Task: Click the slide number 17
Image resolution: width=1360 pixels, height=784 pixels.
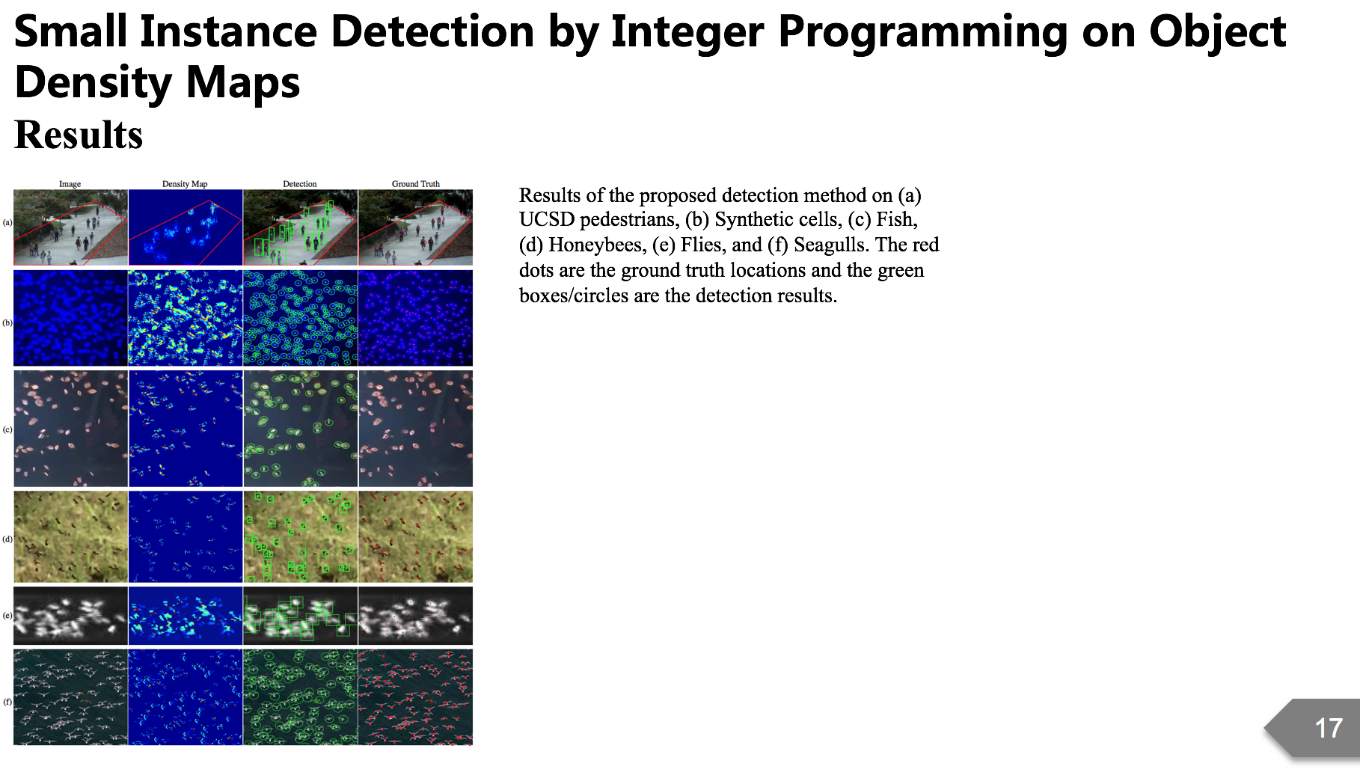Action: click(1329, 728)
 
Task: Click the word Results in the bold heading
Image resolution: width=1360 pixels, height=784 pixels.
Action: click(79, 135)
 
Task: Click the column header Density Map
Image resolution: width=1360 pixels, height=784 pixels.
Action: click(185, 183)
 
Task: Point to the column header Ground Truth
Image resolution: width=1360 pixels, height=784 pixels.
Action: click(415, 183)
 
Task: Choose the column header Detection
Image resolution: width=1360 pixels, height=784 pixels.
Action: click(299, 183)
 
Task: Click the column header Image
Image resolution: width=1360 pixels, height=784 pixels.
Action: click(70, 183)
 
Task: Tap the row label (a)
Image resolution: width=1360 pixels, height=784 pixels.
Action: click(7, 222)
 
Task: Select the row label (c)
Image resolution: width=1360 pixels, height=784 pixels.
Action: click(7, 429)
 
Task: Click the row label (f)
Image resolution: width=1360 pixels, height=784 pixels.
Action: click(7, 702)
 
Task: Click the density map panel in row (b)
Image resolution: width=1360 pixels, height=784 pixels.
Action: click(186, 318)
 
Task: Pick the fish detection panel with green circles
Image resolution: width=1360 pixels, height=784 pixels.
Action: click(300, 429)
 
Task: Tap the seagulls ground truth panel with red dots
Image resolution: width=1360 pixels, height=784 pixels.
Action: click(415, 696)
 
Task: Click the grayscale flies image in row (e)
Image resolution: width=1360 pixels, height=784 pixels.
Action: click(70, 616)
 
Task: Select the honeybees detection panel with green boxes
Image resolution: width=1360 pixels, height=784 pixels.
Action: click(300, 536)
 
